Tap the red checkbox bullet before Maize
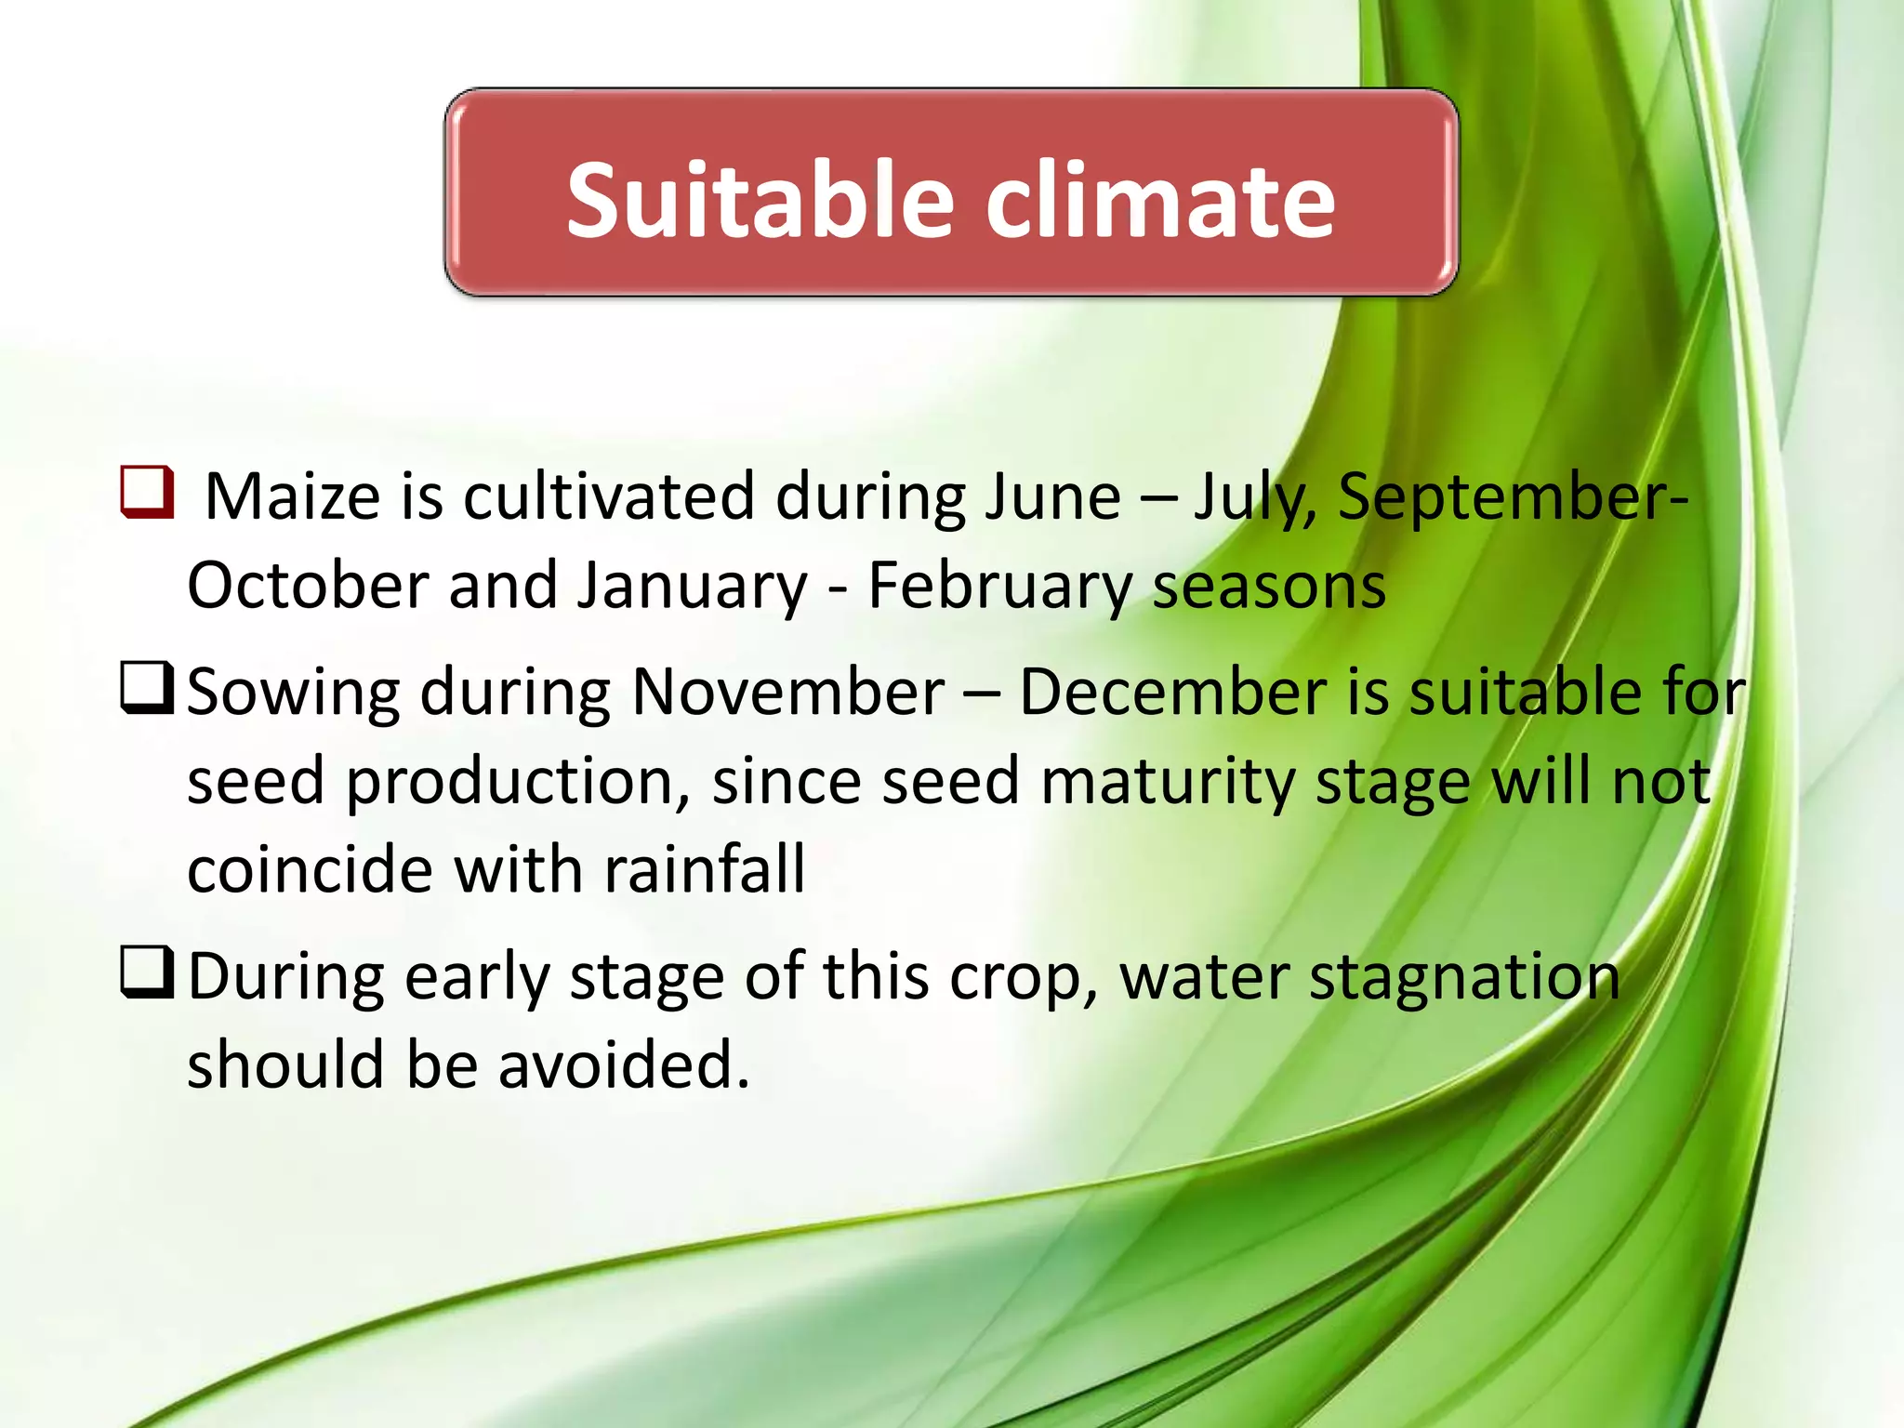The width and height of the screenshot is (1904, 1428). coord(147,493)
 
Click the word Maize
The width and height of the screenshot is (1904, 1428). coord(293,496)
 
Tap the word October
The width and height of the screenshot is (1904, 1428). coord(306,586)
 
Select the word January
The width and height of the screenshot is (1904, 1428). coord(693,586)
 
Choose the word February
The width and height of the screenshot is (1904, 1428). coord(999,586)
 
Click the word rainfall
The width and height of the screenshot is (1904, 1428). coord(704,870)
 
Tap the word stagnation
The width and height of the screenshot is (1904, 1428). coord(1464,977)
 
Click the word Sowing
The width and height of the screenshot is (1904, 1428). coord(293,693)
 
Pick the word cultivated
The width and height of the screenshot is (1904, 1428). coord(608,496)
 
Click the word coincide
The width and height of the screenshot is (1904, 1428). coord(310,870)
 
